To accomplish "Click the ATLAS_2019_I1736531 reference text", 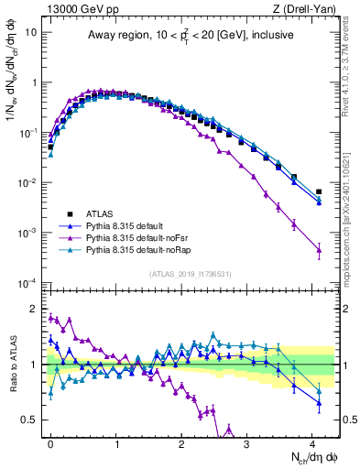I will coord(189,273).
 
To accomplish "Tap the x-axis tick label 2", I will coord(181,442).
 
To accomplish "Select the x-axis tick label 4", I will coord(312,442).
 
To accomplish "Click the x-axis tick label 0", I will coord(50,442).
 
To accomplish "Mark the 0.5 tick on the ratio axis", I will coord(32,420).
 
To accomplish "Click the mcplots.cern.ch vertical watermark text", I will coord(351,220).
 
